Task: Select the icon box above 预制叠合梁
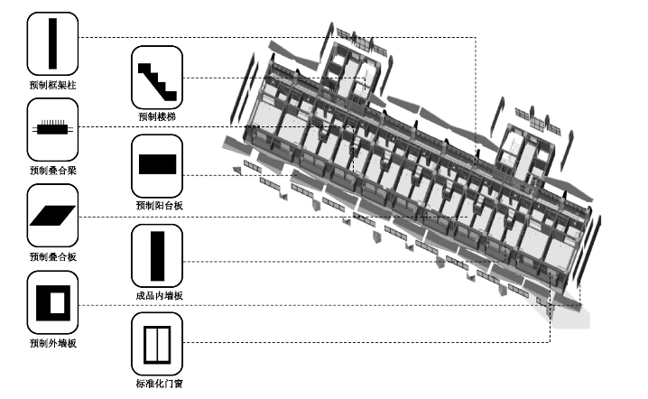pyautogui.click(x=52, y=129)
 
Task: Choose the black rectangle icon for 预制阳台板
pyautogui.click(x=157, y=165)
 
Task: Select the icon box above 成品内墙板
pyautogui.click(x=157, y=255)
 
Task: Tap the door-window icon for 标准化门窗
pyautogui.click(x=157, y=342)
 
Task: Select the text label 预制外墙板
pyautogui.click(x=52, y=343)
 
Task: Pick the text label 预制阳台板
pyautogui.click(x=157, y=206)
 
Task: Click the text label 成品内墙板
pyautogui.click(x=157, y=295)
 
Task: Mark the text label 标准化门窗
pyautogui.click(x=157, y=384)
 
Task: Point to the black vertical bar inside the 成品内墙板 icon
pyautogui.click(x=158, y=255)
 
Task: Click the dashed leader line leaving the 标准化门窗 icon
pyautogui.click(x=361, y=342)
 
